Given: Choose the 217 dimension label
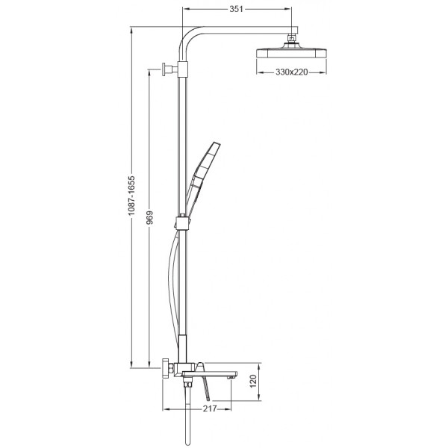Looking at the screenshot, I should pyautogui.click(x=210, y=408).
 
